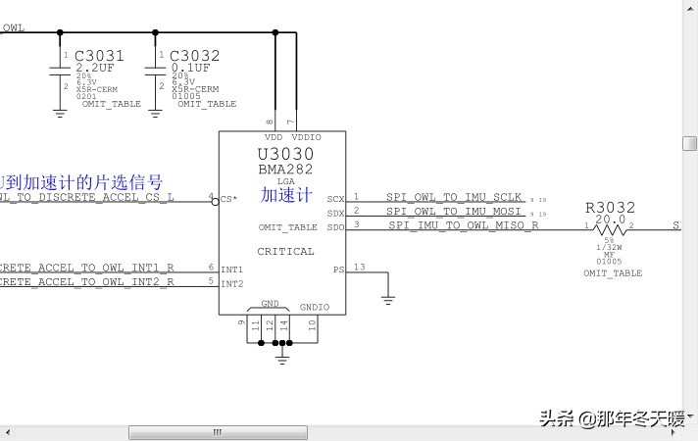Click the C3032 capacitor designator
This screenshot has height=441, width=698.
pyautogui.click(x=194, y=56)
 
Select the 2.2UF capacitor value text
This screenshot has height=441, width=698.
pyautogui.click(x=96, y=69)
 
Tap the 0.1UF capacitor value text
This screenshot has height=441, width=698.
pyautogui.click(x=190, y=69)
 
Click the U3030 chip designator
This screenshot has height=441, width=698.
pyautogui.click(x=286, y=154)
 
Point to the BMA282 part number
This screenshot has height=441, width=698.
pyautogui.click(x=285, y=169)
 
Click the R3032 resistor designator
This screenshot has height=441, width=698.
pyautogui.click(x=610, y=208)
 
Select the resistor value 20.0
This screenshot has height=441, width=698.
pyautogui.click(x=610, y=220)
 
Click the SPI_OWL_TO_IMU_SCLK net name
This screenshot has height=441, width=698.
pyautogui.click(x=454, y=197)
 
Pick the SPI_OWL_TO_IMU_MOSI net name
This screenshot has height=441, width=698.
pyautogui.click(x=454, y=211)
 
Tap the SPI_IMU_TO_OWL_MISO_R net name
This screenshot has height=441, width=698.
pyautogui.click(x=463, y=225)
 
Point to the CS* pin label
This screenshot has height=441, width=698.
pyautogui.click(x=228, y=199)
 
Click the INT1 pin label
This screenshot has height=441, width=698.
pyautogui.click(x=232, y=269)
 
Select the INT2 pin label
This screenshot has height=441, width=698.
pyautogui.click(x=232, y=284)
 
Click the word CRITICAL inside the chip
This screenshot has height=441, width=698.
pyautogui.click(x=285, y=251)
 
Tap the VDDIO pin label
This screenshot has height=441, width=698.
pyautogui.click(x=306, y=137)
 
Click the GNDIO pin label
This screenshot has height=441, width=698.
pyautogui.click(x=315, y=307)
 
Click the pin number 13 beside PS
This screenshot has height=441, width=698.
pyautogui.click(x=359, y=267)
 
